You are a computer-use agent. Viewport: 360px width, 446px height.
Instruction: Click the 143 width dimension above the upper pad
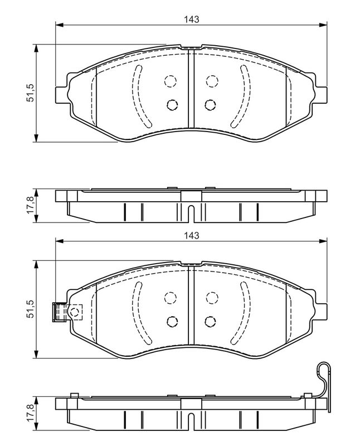click(x=191, y=20)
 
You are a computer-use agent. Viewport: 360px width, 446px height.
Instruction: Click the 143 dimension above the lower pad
click(x=191, y=235)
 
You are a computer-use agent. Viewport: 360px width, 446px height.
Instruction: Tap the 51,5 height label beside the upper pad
click(x=30, y=93)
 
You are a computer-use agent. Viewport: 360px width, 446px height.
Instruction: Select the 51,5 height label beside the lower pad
click(x=30, y=309)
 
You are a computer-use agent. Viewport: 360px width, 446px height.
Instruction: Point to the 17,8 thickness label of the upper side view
click(x=30, y=206)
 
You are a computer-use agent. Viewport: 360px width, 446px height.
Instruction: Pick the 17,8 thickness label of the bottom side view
click(x=30, y=413)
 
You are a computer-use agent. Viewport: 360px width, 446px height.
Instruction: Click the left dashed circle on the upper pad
click(x=171, y=81)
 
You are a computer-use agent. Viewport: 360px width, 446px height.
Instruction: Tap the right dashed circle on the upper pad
click(x=212, y=81)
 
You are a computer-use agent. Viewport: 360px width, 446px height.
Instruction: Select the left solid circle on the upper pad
click(x=172, y=105)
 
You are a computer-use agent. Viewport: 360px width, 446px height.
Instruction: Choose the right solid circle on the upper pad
click(x=210, y=105)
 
